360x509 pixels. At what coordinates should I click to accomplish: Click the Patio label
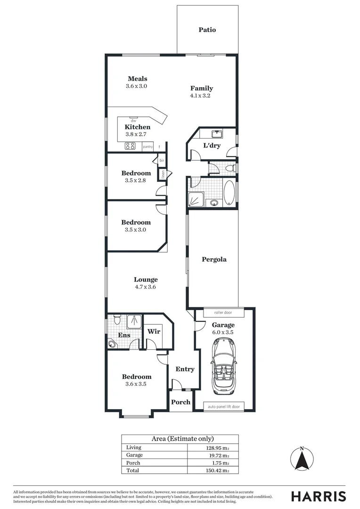[207, 30]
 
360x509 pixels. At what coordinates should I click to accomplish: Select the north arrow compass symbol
[302, 459]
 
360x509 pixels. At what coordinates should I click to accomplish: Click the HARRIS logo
[318, 496]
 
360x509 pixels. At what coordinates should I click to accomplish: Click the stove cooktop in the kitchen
[130, 146]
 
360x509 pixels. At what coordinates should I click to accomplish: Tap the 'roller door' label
[223, 312]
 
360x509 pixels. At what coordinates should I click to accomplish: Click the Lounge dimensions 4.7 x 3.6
[145, 287]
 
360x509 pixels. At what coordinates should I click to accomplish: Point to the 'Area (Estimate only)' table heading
[180, 438]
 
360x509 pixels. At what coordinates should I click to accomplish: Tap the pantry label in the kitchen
[148, 147]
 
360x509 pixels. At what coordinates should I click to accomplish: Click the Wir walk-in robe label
[154, 331]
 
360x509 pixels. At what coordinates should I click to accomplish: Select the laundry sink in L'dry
[218, 133]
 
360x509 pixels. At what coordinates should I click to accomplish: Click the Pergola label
[214, 259]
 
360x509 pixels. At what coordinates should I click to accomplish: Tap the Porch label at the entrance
[180, 402]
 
